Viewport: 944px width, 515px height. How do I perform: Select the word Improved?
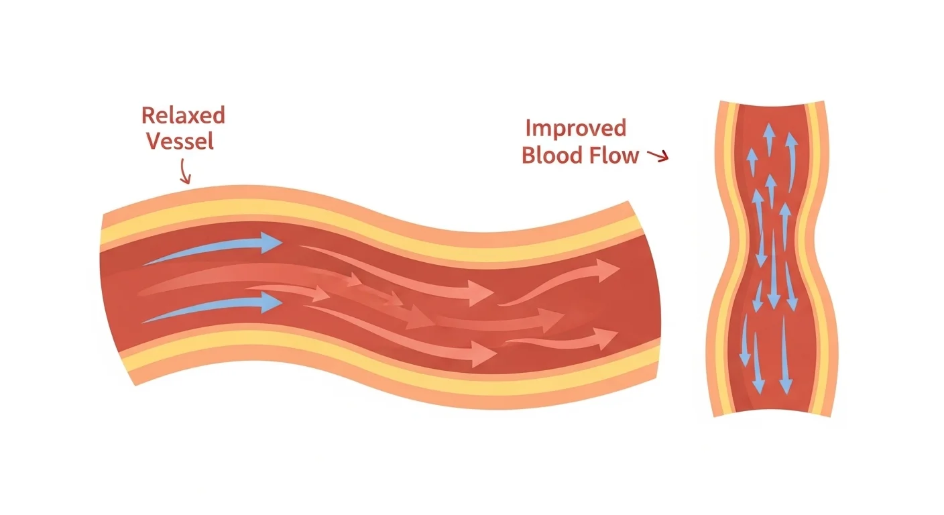pos(575,127)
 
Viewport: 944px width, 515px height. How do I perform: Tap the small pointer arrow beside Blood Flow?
pos(660,157)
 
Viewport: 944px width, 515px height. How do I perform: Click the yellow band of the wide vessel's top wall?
pos(375,221)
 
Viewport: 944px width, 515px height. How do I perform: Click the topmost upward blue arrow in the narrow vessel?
pos(769,137)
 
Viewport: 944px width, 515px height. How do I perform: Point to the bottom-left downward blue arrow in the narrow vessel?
pos(744,345)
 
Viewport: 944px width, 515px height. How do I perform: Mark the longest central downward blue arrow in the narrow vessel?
pos(774,268)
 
